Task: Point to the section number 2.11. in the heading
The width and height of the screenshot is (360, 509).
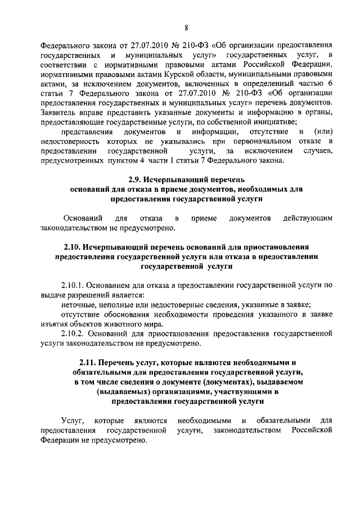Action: point(89,361)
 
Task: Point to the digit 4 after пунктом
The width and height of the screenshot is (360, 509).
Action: point(126,161)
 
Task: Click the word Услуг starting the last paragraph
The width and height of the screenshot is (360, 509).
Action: point(73,420)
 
